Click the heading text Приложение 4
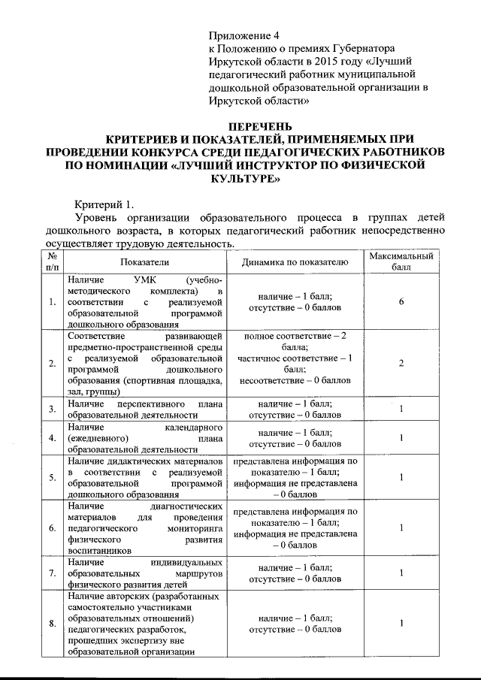click(244, 35)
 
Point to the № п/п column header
click(51, 262)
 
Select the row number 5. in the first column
click(51, 476)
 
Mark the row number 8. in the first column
click(51, 624)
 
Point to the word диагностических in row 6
click(186, 506)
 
